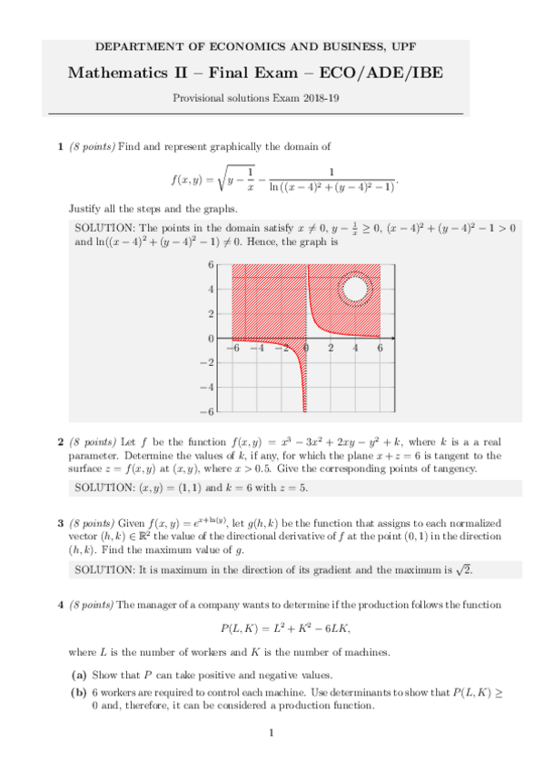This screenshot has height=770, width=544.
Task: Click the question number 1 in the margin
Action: tap(60, 146)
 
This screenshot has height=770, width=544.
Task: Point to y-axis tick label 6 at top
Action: tap(211, 265)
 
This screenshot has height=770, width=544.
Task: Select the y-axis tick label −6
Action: tap(208, 411)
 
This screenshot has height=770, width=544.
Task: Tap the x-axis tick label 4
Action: tap(355, 348)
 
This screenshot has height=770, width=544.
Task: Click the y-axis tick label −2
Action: tap(208, 363)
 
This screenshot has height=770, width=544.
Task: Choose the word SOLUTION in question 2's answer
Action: tap(103, 489)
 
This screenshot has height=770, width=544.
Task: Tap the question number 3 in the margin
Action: tap(60, 523)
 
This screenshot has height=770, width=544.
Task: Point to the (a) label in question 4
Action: tap(80, 674)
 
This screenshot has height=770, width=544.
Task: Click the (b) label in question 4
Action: tap(80, 692)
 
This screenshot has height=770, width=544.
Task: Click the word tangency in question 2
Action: tap(453, 469)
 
